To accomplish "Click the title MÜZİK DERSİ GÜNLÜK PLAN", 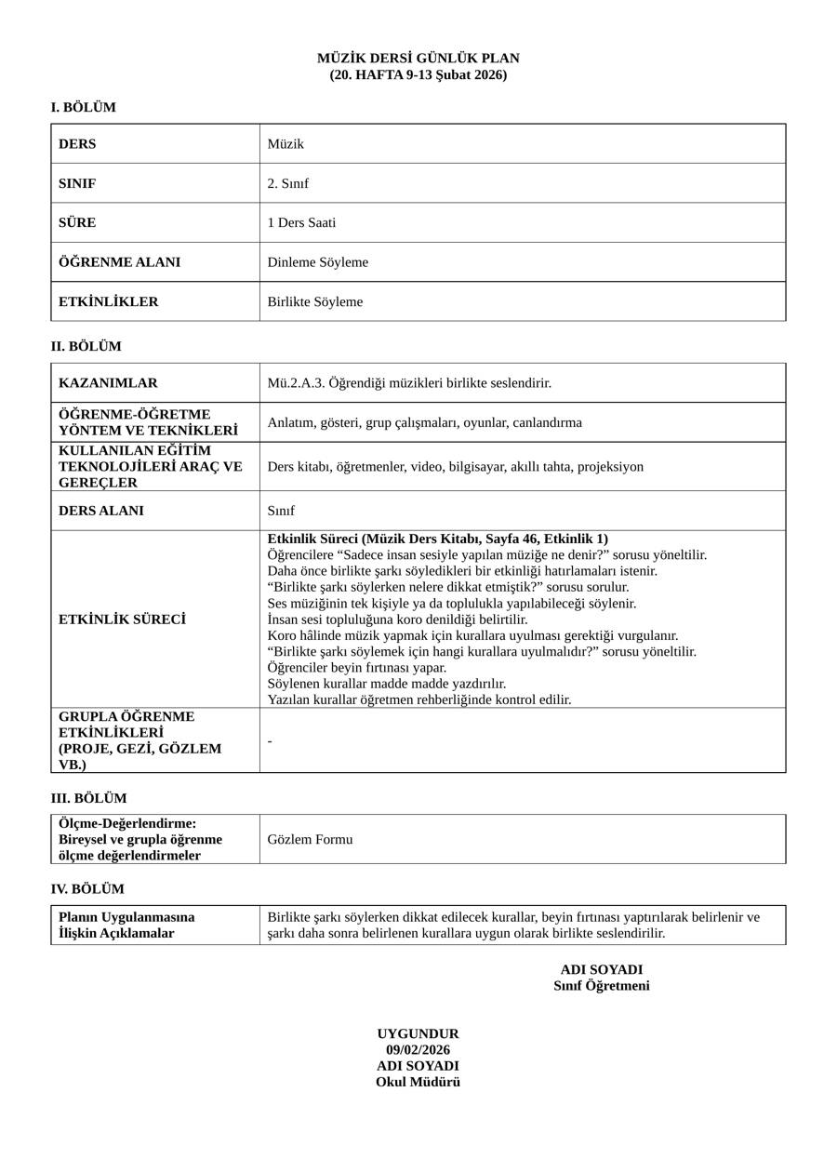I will pos(418,59).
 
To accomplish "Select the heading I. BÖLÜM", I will pos(84,108).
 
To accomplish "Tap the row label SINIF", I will pos(77,183).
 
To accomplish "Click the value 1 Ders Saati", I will pos(301,223).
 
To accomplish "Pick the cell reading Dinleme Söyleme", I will pos(317,262).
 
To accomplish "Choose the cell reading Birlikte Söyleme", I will pos(314,302).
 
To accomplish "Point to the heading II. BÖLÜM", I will pos(86,347).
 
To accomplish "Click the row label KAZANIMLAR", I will pos(108,383).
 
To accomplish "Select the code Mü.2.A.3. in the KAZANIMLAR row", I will pos(297,383).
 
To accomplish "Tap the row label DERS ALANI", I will pos(101,511).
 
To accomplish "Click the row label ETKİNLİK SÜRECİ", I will pos(122,619).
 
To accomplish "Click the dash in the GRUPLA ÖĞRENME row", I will pos(270,741).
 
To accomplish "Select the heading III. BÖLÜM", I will pos(88,799).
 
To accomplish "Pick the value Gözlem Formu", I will pos(310,840).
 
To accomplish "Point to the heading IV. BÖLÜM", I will pos(87,889).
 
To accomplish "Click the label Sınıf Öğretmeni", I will pos(601,986).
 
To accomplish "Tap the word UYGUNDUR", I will pos(418,1034).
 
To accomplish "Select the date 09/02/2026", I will pos(418,1050).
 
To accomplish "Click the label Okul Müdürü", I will pos(418,1082).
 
